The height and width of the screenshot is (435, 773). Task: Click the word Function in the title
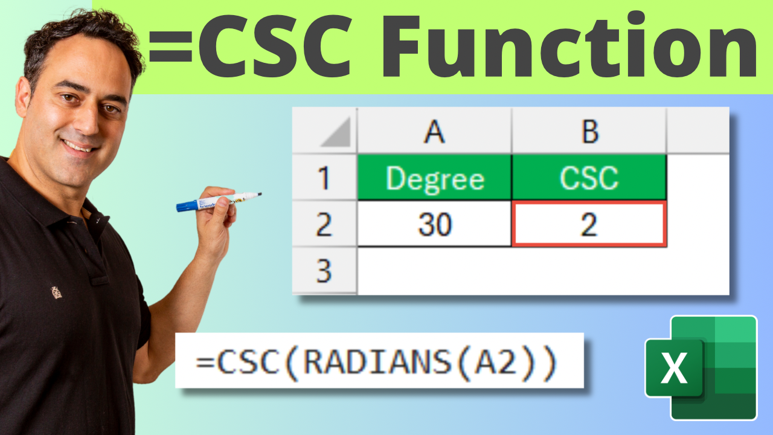click(570, 45)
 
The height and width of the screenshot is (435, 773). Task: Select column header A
click(434, 132)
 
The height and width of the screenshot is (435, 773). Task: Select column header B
click(589, 132)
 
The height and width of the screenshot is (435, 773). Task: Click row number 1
click(324, 178)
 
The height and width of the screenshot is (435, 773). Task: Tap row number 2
click(324, 224)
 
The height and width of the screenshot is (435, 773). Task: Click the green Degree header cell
click(435, 178)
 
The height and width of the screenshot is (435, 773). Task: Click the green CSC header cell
click(589, 178)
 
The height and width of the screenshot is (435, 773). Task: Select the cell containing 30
click(435, 224)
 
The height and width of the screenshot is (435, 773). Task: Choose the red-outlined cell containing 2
click(589, 224)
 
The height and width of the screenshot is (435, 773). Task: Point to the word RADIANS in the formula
click(377, 362)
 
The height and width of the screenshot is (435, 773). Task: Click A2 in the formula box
click(496, 362)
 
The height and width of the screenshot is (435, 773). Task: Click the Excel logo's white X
click(674, 368)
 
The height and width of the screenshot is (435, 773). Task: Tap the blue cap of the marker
click(187, 206)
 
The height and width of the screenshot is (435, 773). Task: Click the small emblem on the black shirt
click(56, 292)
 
